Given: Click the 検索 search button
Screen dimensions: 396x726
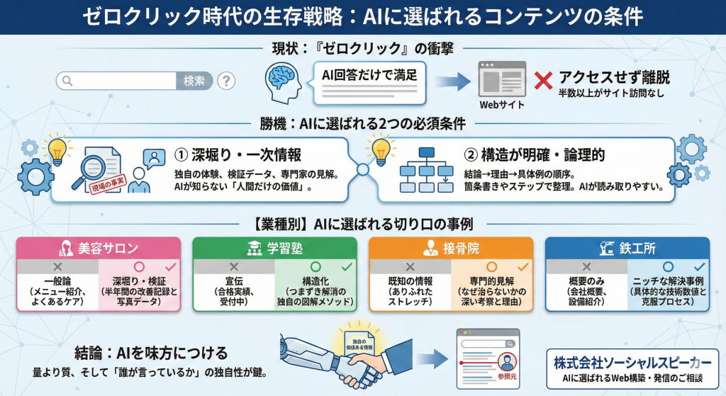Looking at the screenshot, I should click(194, 81).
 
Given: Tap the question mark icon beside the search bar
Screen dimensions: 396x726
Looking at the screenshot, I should click(226, 81).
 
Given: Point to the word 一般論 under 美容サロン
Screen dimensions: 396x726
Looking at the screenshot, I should click(60, 281).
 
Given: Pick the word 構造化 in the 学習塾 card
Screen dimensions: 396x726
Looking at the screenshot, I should click(315, 281).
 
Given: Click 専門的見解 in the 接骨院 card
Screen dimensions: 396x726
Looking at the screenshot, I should click(491, 281).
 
